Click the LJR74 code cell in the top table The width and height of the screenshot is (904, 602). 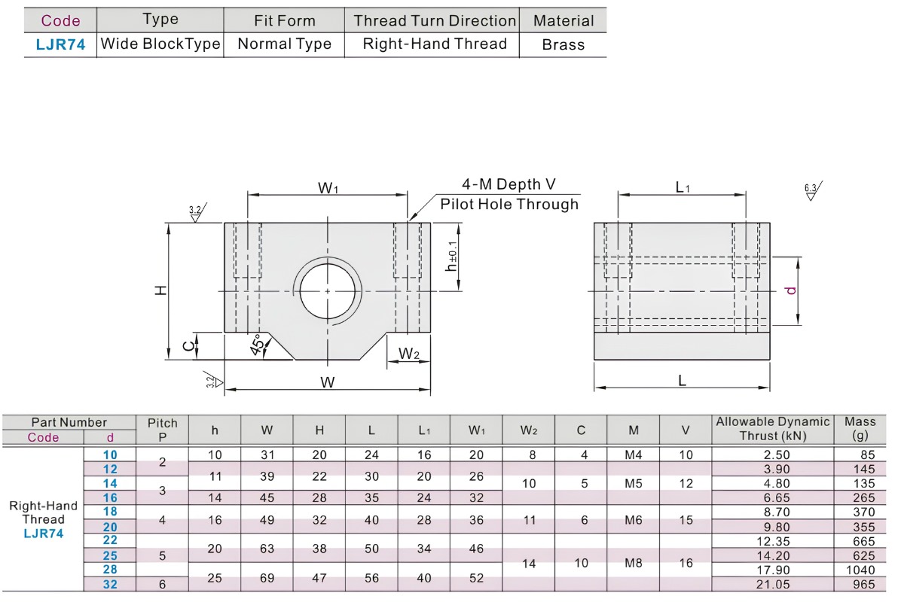pyautogui.click(x=60, y=44)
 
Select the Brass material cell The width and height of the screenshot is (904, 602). pyautogui.click(x=563, y=44)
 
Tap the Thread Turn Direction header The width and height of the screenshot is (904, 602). pyautogui.click(x=435, y=20)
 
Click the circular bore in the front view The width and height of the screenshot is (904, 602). pyautogui.click(x=327, y=291)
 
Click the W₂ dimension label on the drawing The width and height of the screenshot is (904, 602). pyautogui.click(x=409, y=354)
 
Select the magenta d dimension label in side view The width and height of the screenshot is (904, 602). pyautogui.click(x=791, y=290)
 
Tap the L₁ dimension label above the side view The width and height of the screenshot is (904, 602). pyautogui.click(x=683, y=187)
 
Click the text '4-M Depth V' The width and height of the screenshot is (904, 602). pyautogui.click(x=508, y=184)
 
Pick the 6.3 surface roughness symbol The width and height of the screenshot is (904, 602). pyautogui.click(x=812, y=191)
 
